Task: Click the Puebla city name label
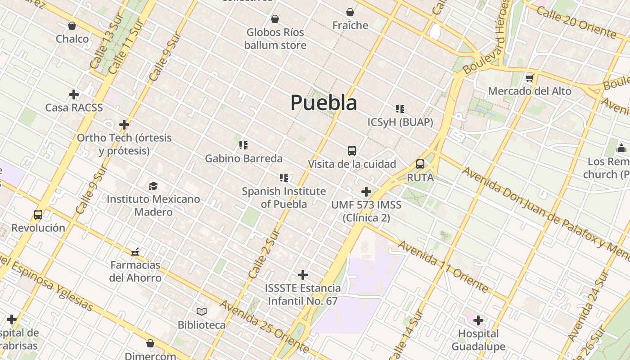click(x=324, y=103)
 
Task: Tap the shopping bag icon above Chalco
click(x=72, y=26)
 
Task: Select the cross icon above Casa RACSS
click(x=74, y=94)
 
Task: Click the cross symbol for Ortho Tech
click(x=124, y=124)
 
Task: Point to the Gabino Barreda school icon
click(x=243, y=145)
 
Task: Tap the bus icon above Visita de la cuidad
click(x=352, y=150)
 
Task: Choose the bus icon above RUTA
click(x=420, y=164)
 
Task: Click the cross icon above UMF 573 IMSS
click(x=366, y=192)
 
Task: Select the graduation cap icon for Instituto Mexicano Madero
click(x=153, y=186)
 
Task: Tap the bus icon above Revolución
click(x=38, y=215)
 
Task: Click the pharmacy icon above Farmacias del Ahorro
click(x=135, y=252)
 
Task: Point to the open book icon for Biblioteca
click(x=202, y=311)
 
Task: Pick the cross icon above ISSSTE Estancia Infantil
click(x=303, y=274)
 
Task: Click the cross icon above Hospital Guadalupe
click(x=478, y=320)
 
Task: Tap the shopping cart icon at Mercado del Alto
click(x=530, y=78)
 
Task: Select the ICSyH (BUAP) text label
click(x=400, y=122)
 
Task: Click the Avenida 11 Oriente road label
click(x=443, y=266)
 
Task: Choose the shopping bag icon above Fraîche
click(x=350, y=12)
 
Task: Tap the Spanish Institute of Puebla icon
click(x=284, y=178)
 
